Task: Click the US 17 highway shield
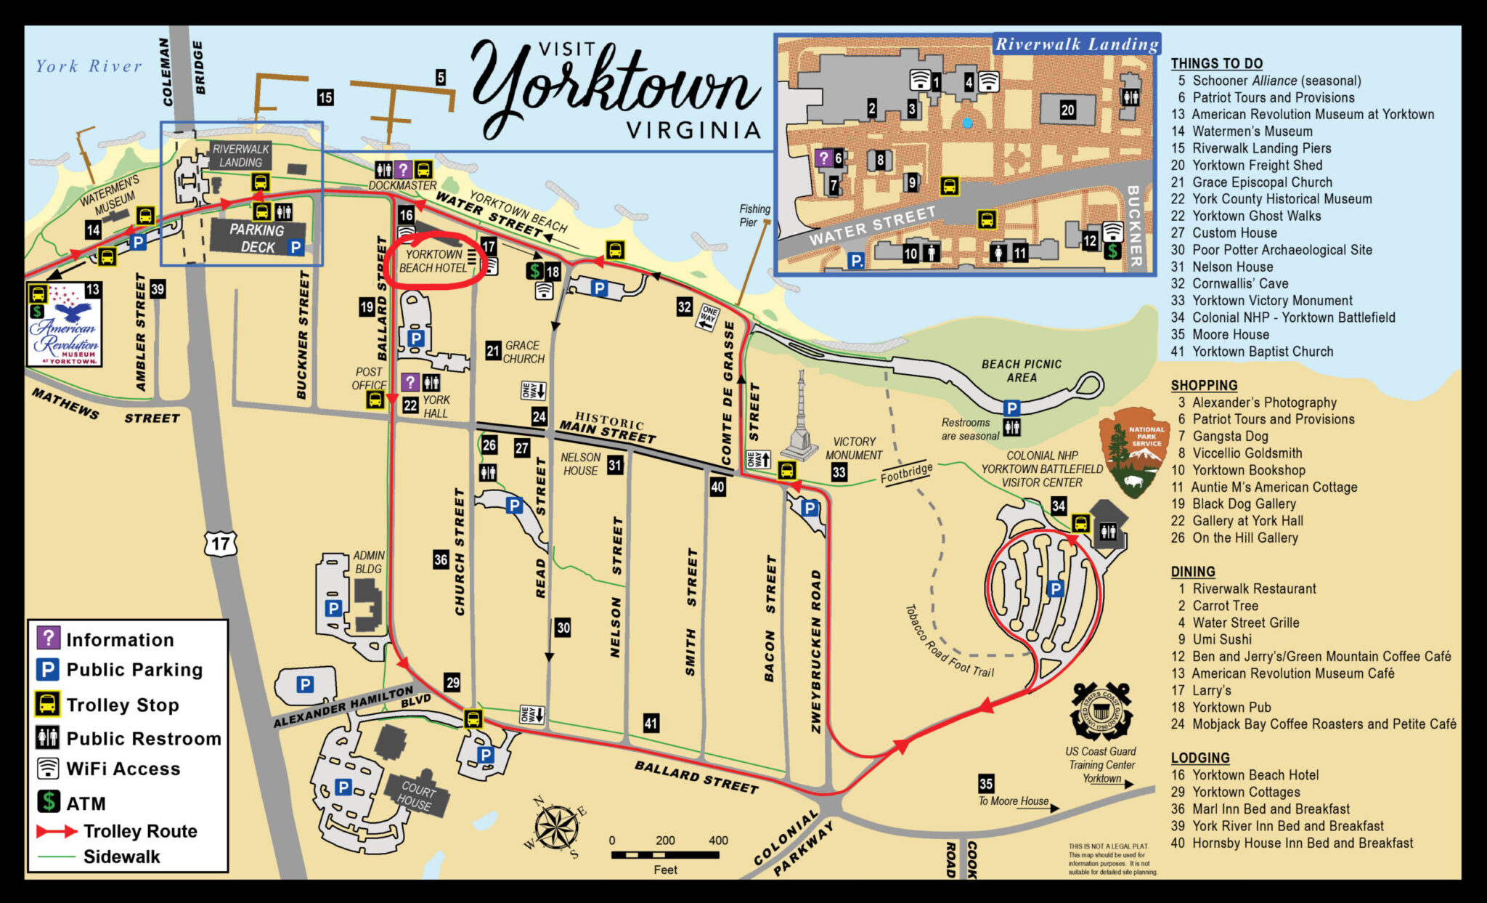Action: [221, 543]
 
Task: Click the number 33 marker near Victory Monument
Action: [839, 472]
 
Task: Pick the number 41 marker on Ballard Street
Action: [651, 723]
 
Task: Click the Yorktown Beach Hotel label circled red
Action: [433, 262]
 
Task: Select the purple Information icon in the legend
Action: [48, 639]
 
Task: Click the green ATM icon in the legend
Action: [48, 802]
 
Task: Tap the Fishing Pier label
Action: [754, 216]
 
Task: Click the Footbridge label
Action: [905, 473]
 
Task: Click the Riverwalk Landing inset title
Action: [1076, 44]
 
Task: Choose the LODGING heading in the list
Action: [1199, 758]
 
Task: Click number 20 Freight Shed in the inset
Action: [1067, 110]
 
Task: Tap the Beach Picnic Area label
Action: [1021, 370]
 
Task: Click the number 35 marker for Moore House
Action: [985, 783]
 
